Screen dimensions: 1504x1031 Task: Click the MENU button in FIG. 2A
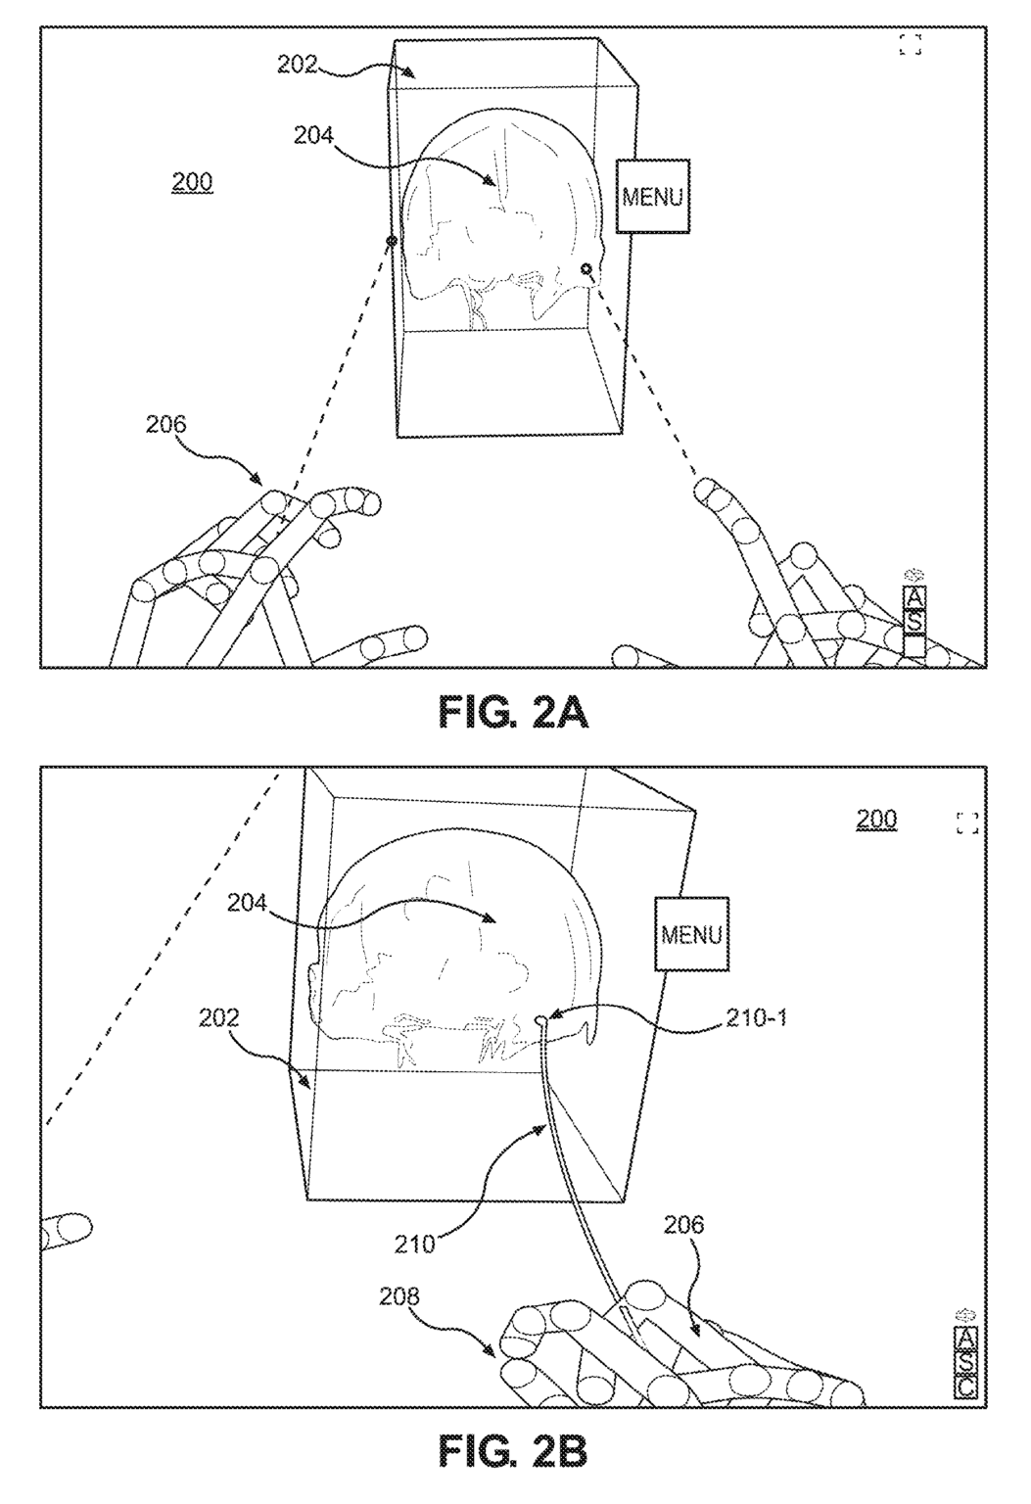coord(652,197)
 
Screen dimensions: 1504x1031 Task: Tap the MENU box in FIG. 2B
coord(691,934)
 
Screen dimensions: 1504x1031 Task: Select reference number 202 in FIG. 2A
coord(298,65)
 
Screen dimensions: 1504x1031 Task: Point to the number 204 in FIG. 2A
coord(314,136)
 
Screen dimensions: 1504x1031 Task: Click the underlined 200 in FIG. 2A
coord(192,183)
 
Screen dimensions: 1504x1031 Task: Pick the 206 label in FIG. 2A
coord(166,424)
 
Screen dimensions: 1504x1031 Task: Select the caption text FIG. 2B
coord(513,1451)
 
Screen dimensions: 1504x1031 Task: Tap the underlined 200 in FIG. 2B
coord(876,819)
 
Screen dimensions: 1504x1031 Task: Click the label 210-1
coord(756,1017)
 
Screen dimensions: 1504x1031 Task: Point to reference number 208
coord(399,1296)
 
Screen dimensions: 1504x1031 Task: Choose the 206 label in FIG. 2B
coord(684,1225)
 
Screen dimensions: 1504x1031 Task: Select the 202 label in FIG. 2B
coord(218,1017)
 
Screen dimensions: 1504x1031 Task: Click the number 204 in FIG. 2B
coord(248,904)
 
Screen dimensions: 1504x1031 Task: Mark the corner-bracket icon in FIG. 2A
coord(911,44)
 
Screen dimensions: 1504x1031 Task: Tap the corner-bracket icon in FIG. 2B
coord(967,822)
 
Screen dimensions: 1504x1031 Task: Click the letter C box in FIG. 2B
coord(965,1386)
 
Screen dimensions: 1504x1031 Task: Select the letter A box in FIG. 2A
coord(914,597)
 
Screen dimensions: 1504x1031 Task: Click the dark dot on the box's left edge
coord(392,240)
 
